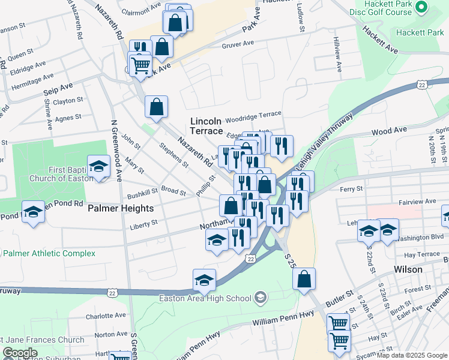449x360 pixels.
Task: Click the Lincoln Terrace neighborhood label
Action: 209,126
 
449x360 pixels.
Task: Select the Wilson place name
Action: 409,269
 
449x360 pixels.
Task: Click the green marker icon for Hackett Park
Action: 421,7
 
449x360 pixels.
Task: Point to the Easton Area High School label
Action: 205,298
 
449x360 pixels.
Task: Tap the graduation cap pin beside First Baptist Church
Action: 98,167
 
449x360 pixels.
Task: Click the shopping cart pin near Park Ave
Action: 140,64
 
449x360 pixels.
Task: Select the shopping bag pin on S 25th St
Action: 305,279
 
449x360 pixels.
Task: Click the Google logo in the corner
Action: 20,353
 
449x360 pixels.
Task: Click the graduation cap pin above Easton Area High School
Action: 204,281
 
